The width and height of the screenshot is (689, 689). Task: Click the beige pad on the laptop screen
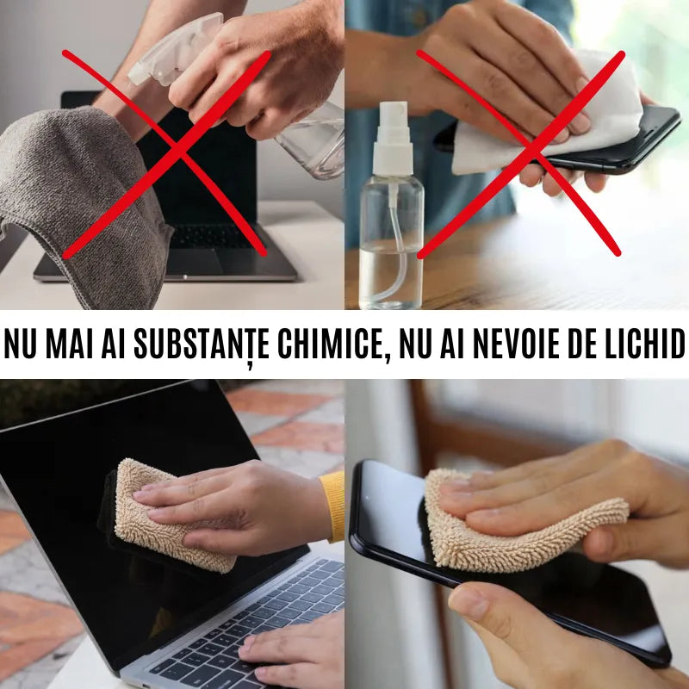164,517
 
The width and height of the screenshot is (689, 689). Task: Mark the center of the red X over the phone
521,153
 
